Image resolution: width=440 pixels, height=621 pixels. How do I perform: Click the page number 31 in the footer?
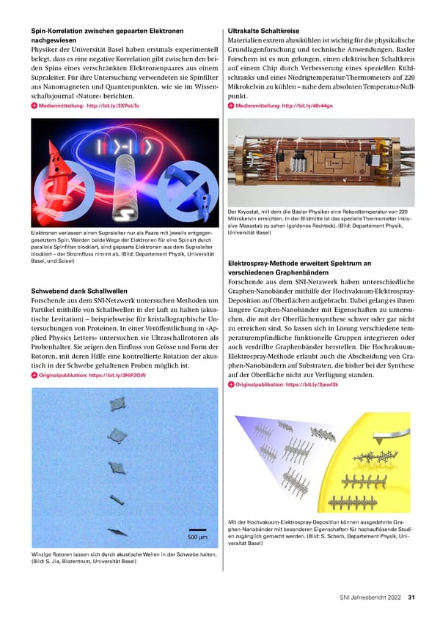pos(412,597)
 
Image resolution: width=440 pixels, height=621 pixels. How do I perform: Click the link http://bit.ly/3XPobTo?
pos(113,105)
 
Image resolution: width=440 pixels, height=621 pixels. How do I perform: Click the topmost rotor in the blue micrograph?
pos(117,404)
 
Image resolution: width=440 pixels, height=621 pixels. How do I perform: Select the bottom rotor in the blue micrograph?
pos(117,531)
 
